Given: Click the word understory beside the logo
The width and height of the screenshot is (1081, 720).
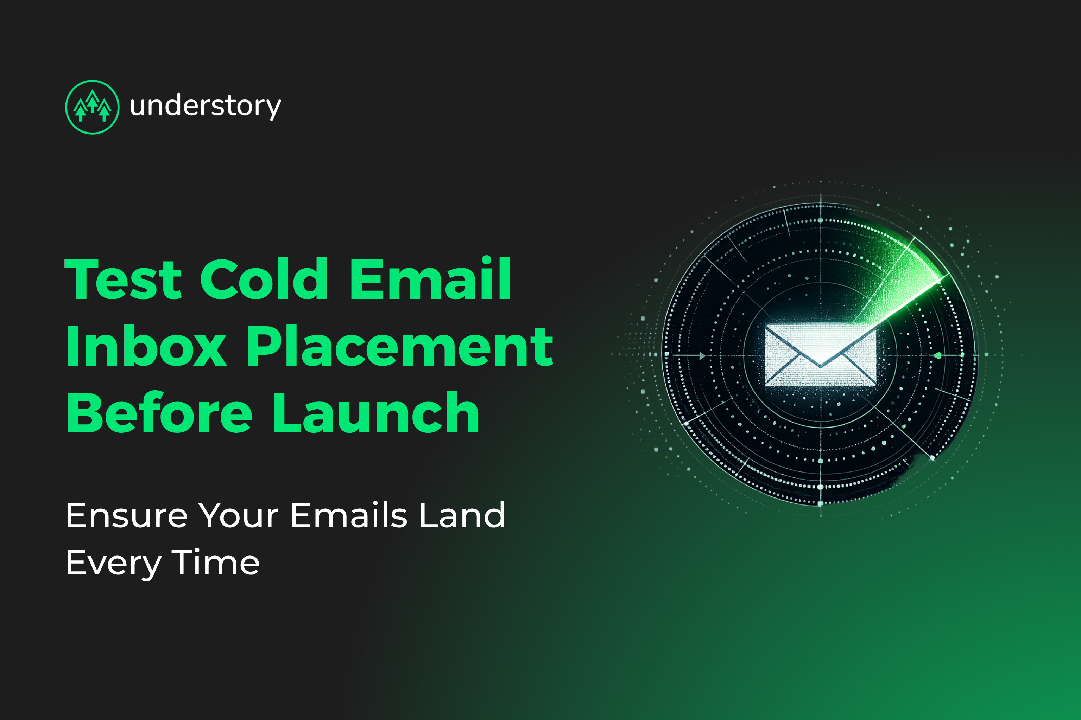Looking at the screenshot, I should (205, 106).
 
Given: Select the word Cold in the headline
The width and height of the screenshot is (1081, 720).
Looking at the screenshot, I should (264, 279).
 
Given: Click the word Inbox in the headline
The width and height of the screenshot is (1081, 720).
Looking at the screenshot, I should (146, 346).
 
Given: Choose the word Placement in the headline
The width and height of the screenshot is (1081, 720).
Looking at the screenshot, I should (399, 346).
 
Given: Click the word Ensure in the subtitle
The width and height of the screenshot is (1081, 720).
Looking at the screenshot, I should (127, 516).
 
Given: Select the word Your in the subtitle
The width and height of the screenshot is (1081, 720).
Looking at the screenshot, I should (239, 516).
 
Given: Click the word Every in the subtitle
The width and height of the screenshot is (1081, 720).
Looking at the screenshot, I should (113, 564).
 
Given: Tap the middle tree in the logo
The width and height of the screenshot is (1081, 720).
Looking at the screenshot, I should (93, 101).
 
